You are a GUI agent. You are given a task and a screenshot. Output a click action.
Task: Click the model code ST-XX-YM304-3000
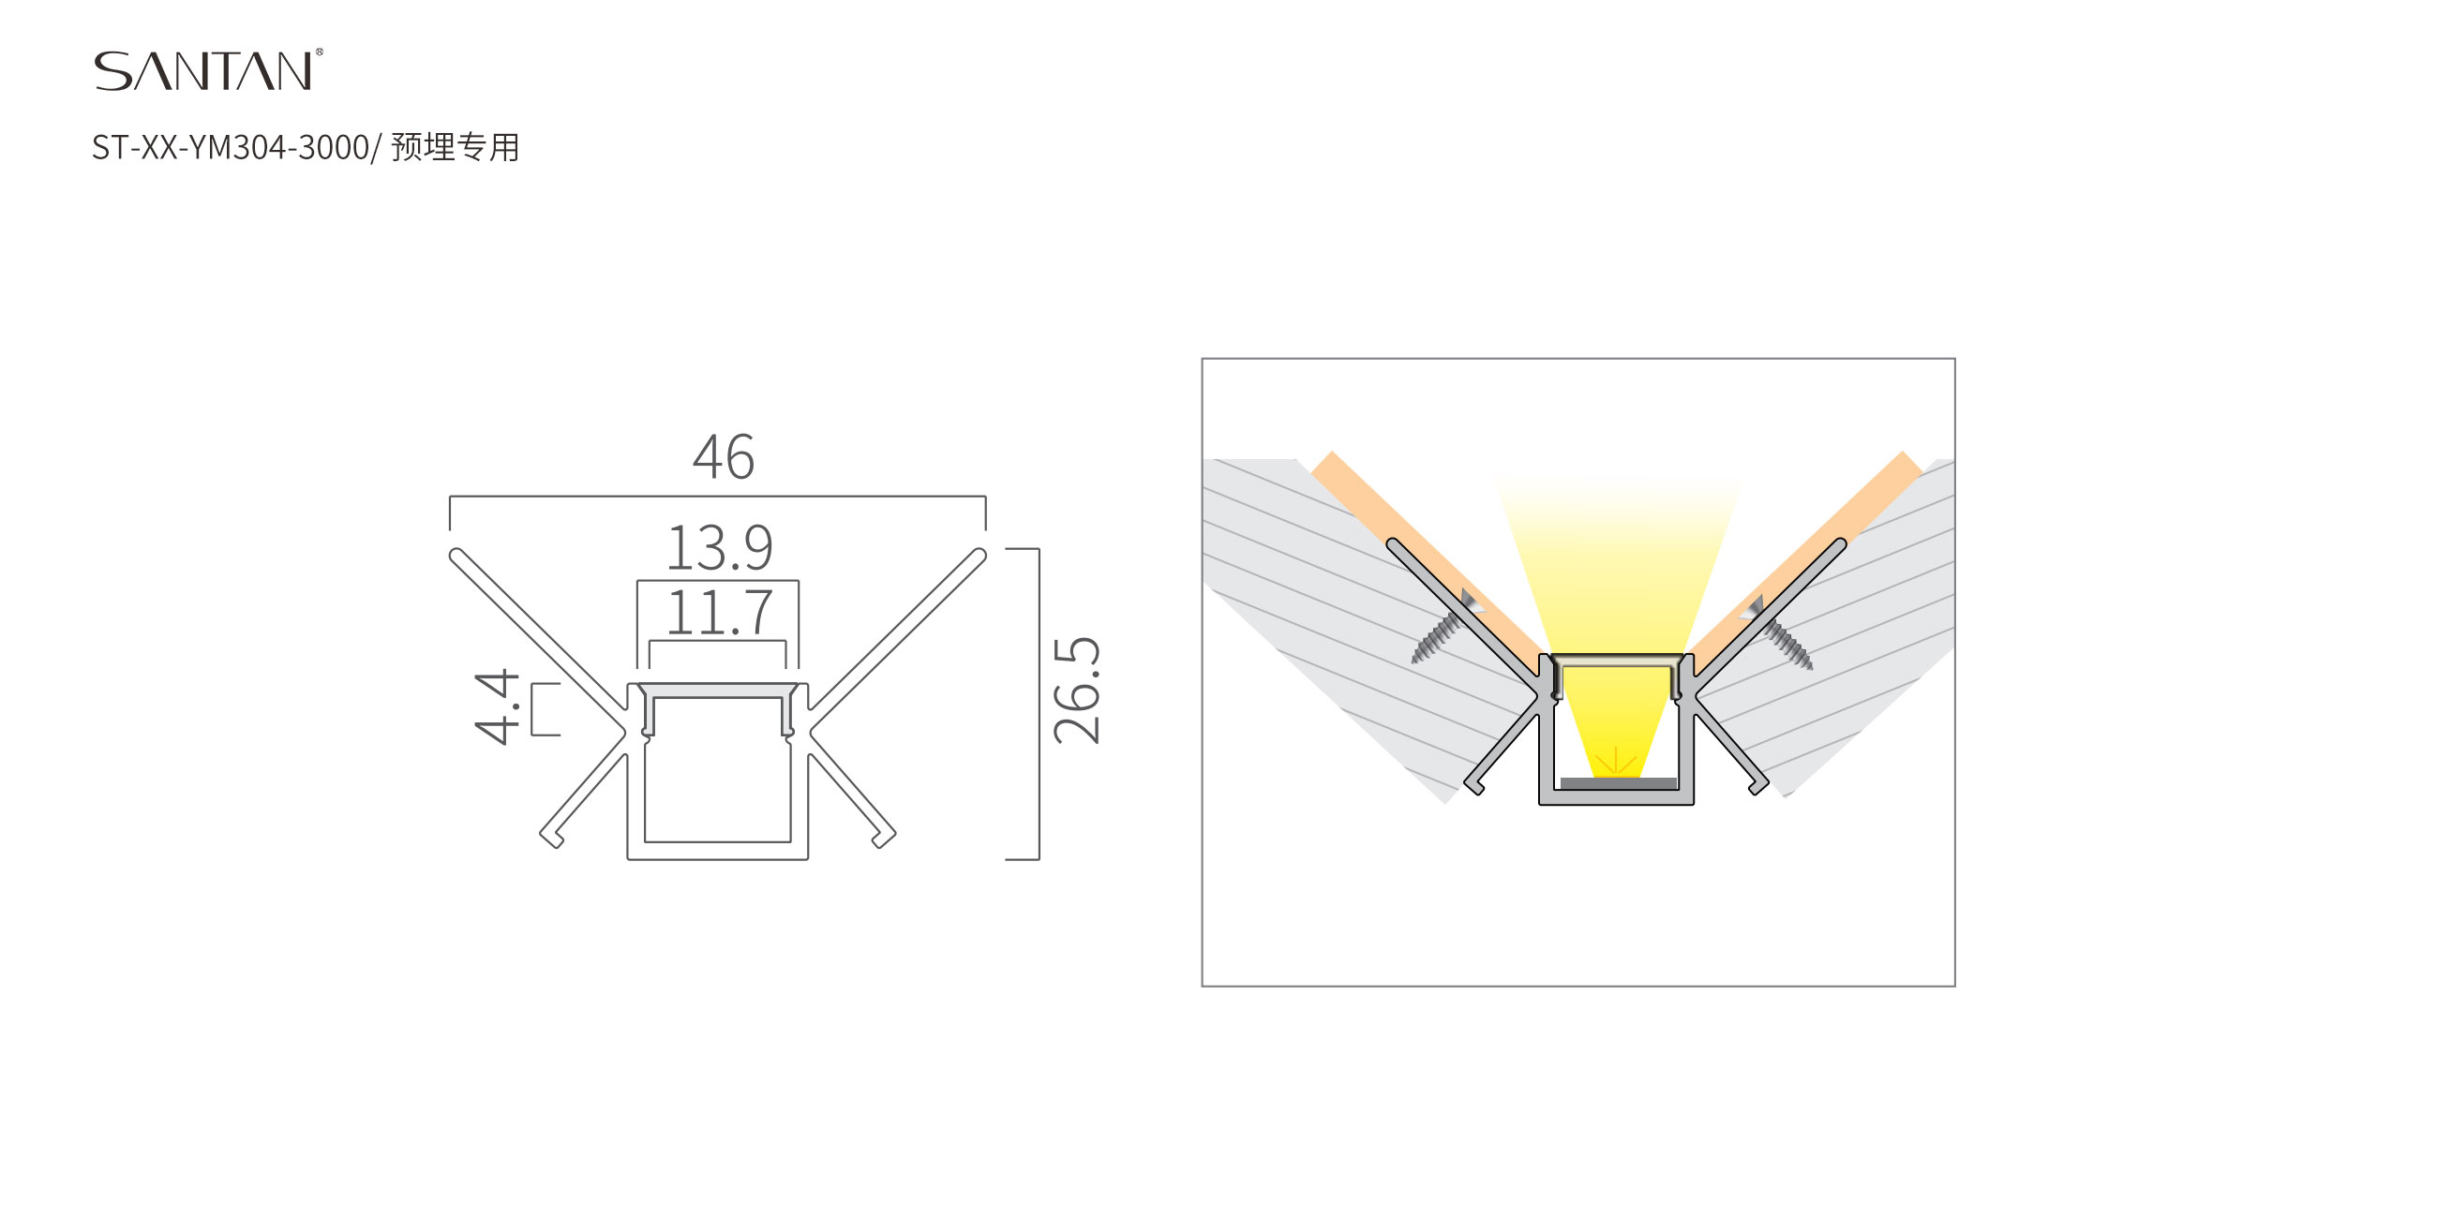click(x=230, y=147)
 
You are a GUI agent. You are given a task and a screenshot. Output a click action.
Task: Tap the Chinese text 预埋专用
click(x=455, y=147)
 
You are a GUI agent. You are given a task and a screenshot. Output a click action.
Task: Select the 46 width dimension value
click(x=724, y=458)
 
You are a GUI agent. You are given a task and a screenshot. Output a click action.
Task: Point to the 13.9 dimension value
click(x=720, y=547)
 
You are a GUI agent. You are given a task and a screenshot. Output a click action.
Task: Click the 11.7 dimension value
click(x=720, y=613)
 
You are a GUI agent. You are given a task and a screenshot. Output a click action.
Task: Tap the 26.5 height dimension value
click(x=1078, y=691)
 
